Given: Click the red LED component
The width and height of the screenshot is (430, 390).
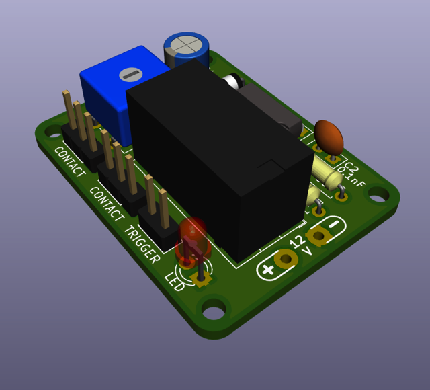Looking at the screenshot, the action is (x=193, y=238).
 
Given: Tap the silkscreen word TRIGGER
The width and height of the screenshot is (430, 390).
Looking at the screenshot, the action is (x=142, y=244).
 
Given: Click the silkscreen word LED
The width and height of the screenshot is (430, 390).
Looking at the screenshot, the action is (x=175, y=282).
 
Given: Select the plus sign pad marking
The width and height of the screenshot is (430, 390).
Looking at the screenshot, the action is (x=267, y=269).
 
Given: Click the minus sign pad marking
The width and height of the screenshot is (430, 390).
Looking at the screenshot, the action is (x=334, y=224).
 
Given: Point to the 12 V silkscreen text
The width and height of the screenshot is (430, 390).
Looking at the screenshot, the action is (x=301, y=245).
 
